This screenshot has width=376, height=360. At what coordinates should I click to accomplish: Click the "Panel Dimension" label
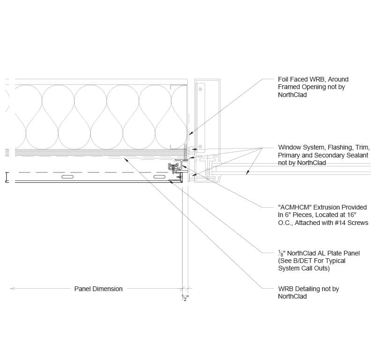point(98,289)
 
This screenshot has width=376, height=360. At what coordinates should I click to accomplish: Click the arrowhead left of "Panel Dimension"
point(13,289)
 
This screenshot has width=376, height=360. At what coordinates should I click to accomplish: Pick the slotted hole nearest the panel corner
point(160,178)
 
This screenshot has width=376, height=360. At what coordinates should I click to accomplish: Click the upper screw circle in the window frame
point(200,87)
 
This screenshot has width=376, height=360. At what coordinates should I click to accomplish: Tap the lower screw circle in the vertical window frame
point(200,147)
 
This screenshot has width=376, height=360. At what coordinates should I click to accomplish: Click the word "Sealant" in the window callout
point(357,155)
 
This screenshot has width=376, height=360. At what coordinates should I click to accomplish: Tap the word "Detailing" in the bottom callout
point(310,289)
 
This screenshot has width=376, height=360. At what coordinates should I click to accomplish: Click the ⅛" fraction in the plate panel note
point(280,254)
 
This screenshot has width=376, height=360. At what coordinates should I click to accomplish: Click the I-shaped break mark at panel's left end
point(7,177)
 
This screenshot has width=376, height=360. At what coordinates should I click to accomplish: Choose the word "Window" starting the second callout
point(289,147)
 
